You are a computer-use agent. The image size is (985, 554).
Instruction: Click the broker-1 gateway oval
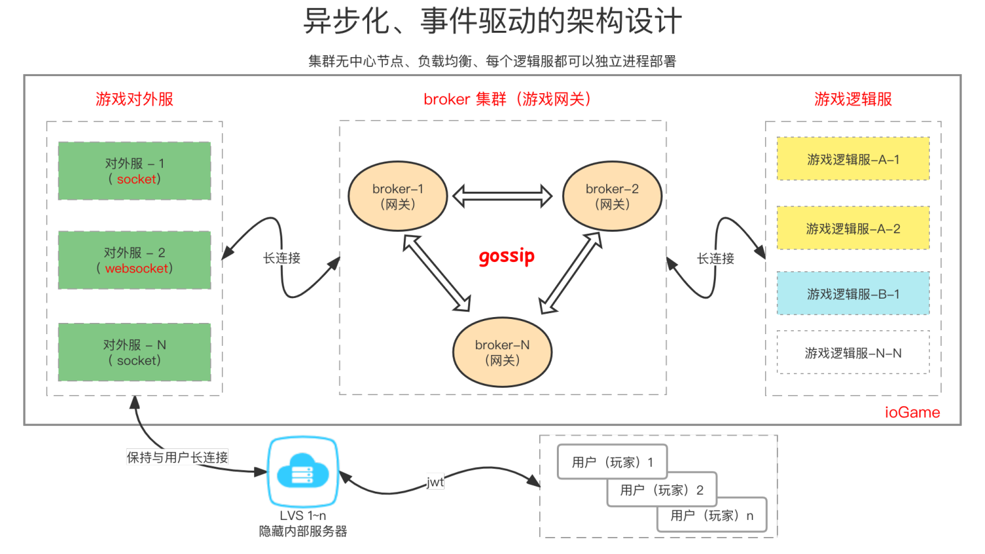point(398,196)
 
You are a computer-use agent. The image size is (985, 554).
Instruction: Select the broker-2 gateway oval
point(612,196)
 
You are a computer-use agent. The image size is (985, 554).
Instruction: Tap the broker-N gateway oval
point(502,352)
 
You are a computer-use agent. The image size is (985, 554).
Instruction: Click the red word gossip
point(506,256)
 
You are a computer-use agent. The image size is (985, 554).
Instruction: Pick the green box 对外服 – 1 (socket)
point(135,171)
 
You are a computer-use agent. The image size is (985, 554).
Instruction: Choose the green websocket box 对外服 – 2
point(135,260)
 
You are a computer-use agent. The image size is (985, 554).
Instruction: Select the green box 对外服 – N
point(135,352)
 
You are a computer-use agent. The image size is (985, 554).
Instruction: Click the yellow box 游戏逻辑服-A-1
point(853,159)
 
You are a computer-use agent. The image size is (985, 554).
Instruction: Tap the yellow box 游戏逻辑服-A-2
point(853,228)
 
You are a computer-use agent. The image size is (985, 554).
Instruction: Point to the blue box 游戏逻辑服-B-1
point(853,293)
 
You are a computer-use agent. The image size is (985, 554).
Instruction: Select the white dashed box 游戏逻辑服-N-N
point(853,352)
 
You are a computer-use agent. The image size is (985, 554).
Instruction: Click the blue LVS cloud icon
point(303,472)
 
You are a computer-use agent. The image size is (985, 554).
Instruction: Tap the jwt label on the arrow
point(435,482)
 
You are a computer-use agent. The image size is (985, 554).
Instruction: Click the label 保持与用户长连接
point(177,457)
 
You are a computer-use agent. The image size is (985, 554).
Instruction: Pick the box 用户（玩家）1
point(612,462)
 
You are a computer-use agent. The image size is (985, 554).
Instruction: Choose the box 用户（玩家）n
point(712,515)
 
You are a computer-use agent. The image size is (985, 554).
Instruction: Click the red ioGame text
point(912,412)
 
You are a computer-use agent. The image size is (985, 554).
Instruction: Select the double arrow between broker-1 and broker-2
point(502,196)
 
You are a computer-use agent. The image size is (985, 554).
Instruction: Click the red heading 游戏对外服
point(135,99)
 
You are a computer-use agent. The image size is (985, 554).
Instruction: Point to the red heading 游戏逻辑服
point(853,99)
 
